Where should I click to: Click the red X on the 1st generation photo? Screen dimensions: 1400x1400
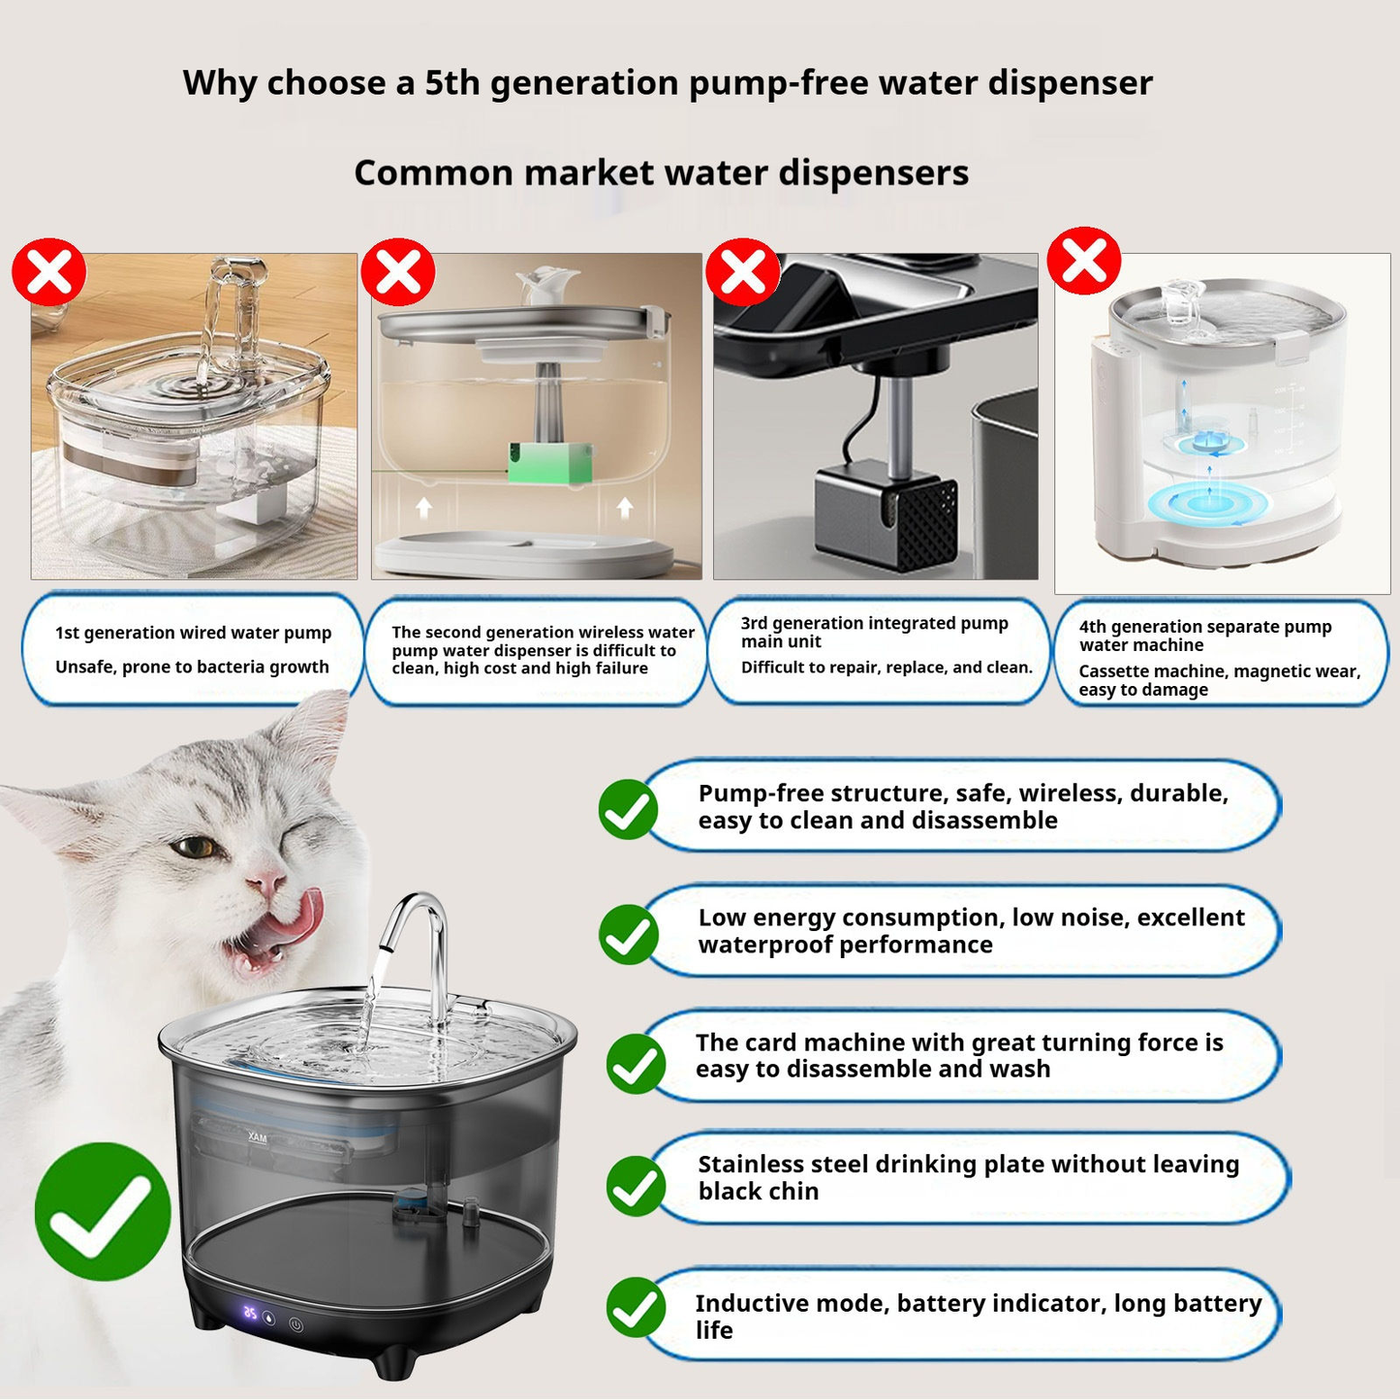tap(48, 274)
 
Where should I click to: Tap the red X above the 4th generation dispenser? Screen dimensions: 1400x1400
tap(1084, 260)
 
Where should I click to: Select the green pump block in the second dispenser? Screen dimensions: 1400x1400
tap(549, 462)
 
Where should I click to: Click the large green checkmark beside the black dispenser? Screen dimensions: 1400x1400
tap(103, 1211)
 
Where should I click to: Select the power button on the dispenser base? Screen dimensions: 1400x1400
tap(296, 1324)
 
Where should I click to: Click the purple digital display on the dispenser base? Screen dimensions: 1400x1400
tap(251, 1315)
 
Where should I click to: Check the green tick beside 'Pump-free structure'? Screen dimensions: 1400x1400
tap(628, 809)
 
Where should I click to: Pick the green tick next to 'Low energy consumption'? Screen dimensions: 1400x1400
tap(628, 934)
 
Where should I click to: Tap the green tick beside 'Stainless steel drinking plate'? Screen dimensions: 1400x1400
tap(636, 1186)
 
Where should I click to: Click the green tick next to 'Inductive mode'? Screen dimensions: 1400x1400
tap(636, 1307)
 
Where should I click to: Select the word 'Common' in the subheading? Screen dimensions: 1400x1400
tap(433, 173)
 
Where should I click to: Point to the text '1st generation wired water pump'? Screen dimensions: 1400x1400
tap(193, 633)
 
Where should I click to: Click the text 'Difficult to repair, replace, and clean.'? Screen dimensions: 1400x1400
tap(887, 668)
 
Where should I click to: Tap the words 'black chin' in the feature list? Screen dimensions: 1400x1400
tap(758, 1192)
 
